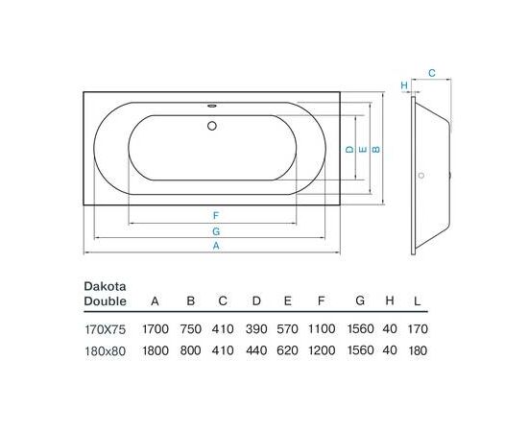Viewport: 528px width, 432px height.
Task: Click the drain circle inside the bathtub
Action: coord(212,126)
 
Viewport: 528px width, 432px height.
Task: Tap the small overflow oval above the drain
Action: coord(212,106)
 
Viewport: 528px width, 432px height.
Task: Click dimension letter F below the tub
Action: coord(216,215)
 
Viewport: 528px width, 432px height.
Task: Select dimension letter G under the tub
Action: coord(216,231)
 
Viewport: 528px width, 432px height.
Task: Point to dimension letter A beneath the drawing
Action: coord(216,246)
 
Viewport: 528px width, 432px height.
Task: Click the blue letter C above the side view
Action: coord(432,73)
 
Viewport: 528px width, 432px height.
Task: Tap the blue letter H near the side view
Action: coord(404,85)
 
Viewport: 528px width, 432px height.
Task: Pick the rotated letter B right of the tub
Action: coord(375,149)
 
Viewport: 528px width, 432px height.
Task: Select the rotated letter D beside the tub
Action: coord(350,149)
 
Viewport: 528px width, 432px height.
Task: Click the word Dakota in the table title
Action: coord(105,286)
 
